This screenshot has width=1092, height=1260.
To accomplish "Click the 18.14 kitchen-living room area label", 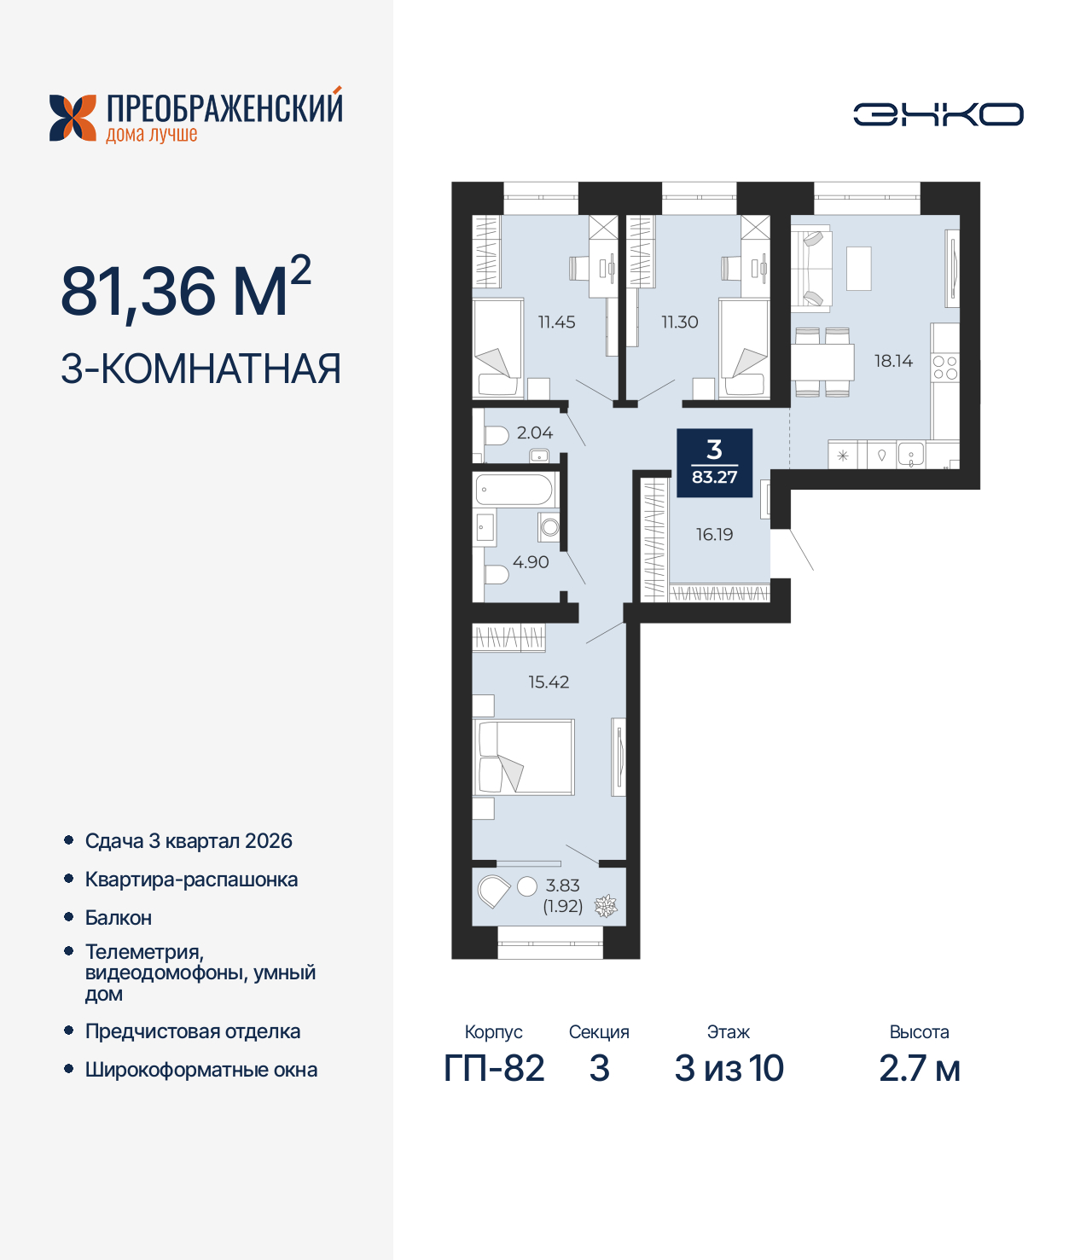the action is pyautogui.click(x=893, y=361).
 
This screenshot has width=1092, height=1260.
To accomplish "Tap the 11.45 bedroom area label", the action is pyautogui.click(x=556, y=322).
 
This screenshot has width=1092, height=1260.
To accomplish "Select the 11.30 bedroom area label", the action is pyautogui.click(x=680, y=322).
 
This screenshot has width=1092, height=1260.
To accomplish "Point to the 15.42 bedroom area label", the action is pyautogui.click(x=549, y=682).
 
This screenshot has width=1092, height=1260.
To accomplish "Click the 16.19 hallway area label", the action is pyautogui.click(x=715, y=535).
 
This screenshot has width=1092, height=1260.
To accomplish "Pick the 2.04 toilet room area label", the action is pyautogui.click(x=535, y=433).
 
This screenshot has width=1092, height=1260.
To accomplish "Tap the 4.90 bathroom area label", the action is pyautogui.click(x=531, y=562).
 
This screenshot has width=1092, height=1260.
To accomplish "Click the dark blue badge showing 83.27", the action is pyautogui.click(x=715, y=462).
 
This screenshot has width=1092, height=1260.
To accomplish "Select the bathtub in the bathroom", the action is pyautogui.click(x=514, y=491).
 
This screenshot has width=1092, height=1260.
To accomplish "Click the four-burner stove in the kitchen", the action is pyautogui.click(x=945, y=369).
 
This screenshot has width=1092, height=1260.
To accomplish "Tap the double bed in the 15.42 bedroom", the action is pyautogui.click(x=524, y=758).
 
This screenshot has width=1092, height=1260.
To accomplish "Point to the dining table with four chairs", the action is pyautogui.click(x=822, y=362).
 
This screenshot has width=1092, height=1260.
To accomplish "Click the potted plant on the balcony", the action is pyautogui.click(x=606, y=907).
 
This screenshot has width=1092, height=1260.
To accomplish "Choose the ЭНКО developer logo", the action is pyautogui.click(x=938, y=114).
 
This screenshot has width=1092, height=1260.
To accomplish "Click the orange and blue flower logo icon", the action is pyautogui.click(x=73, y=118).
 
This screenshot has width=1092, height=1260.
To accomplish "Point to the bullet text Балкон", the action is pyautogui.click(x=119, y=917).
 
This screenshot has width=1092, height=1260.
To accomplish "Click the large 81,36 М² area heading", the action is pyautogui.click(x=186, y=289).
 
